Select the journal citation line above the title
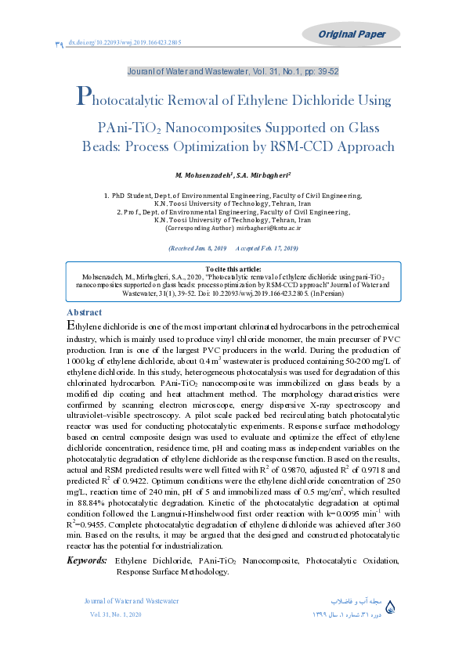pos(233,71)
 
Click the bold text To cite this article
pos(233,269)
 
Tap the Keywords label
pos(86,560)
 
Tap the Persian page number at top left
pos(60,45)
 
